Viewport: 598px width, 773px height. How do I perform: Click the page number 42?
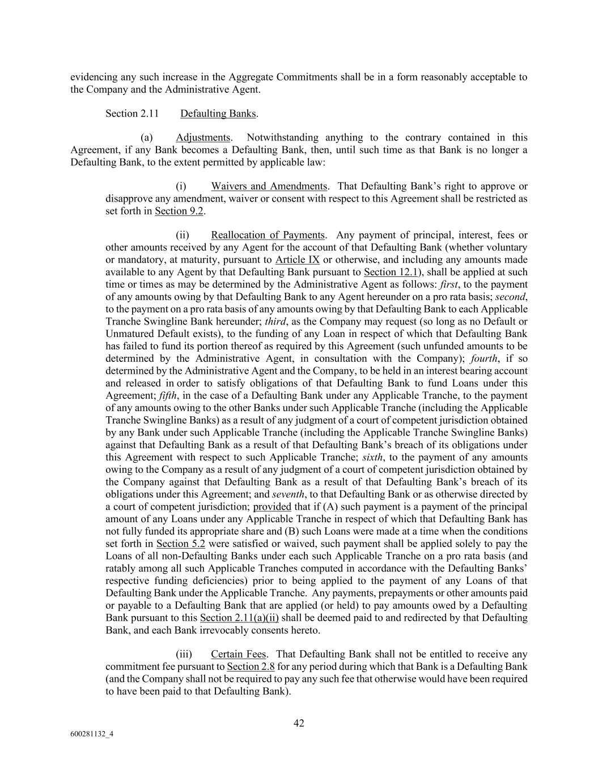tap(299, 723)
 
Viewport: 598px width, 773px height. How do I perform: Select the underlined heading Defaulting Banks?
tap(218, 113)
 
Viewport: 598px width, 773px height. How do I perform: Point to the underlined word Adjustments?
tap(203, 137)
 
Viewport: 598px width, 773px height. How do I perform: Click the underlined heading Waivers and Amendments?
tap(269, 186)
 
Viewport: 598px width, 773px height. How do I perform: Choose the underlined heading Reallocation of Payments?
tap(268, 235)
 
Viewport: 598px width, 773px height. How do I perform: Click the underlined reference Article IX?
tap(298, 260)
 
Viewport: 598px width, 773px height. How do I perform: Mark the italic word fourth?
tap(484, 358)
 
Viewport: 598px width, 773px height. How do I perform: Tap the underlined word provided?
tap(272, 507)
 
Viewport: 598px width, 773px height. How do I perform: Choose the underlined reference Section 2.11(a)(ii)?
tap(239, 618)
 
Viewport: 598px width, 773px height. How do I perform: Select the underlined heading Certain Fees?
tap(238, 655)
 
